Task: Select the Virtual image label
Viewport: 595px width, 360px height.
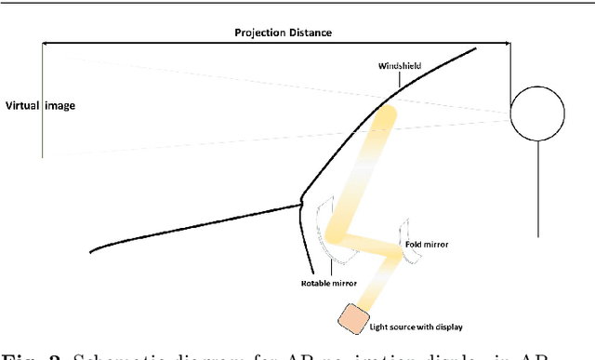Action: pos(40,106)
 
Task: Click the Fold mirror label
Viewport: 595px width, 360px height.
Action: pos(426,244)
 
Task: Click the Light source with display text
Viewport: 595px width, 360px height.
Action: pos(415,327)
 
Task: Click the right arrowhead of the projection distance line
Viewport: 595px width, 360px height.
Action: pos(508,44)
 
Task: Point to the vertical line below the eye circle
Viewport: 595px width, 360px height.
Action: pos(538,186)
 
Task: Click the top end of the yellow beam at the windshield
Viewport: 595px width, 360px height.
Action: pos(386,114)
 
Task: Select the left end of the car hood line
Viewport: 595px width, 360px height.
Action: pos(91,250)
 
